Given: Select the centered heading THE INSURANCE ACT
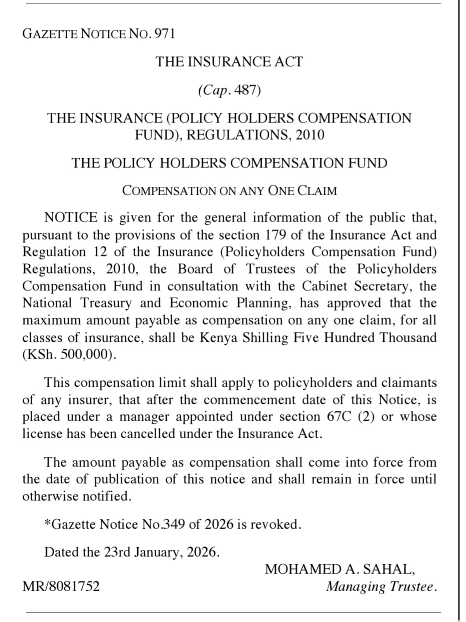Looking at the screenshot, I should point(229,62).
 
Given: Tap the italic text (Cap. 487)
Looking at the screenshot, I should point(229,90).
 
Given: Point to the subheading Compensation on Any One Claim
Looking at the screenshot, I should point(229,191).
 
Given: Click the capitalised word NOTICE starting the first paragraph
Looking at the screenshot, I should point(71,218).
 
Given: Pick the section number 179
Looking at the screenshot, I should point(276,235).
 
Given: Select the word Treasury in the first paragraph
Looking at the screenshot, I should point(106,303).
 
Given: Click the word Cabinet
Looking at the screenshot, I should point(326,286).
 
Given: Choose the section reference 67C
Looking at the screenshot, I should point(339,417).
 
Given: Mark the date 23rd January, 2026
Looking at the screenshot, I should point(161,552).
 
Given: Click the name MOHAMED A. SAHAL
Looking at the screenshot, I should point(340,569).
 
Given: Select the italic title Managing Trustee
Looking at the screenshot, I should point(381,587).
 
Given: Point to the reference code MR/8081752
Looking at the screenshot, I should point(61,587).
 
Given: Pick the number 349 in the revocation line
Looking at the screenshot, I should point(173,525).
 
